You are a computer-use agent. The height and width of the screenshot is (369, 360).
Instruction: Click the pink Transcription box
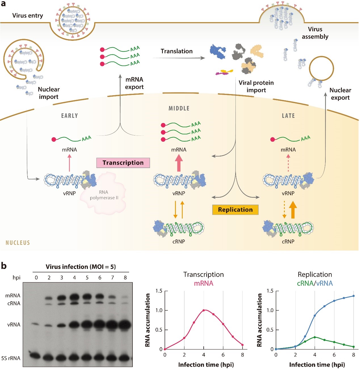[123, 163]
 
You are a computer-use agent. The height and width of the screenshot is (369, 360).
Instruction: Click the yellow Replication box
[235, 210]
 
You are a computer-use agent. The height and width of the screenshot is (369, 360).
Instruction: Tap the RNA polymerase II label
[104, 195]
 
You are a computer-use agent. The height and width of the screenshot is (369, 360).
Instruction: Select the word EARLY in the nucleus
[70, 116]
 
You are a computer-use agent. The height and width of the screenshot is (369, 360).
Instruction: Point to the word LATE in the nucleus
[288, 116]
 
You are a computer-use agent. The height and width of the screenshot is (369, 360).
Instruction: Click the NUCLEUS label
[18, 243]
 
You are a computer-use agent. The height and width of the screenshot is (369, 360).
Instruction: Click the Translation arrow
[179, 58]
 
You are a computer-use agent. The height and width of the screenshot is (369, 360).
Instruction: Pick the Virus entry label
[28, 16]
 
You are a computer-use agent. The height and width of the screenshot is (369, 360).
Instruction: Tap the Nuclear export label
[340, 94]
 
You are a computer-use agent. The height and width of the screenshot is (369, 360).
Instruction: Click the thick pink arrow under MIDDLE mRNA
[179, 164]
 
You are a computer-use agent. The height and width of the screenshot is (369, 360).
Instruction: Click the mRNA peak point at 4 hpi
[204, 310]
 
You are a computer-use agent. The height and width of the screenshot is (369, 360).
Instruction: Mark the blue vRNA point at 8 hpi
[353, 296]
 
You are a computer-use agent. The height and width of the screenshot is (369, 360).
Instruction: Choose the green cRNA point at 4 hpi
[315, 337]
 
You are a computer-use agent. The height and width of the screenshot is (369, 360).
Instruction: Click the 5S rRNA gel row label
[11, 358]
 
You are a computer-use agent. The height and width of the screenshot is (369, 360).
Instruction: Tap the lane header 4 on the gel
[74, 277]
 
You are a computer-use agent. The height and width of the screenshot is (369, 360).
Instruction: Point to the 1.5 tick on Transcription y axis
[159, 291]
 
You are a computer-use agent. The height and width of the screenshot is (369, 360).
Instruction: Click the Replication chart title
[315, 274]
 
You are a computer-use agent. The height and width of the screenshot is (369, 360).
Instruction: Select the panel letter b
[4, 266]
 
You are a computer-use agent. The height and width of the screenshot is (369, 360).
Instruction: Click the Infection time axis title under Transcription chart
[206, 364]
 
